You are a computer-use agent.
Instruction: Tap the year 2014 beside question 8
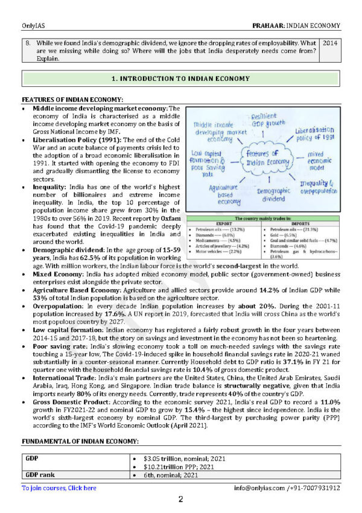click(330, 44)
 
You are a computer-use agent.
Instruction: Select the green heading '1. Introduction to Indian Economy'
click(181, 78)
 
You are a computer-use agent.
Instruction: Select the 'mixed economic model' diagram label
click(319, 162)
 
